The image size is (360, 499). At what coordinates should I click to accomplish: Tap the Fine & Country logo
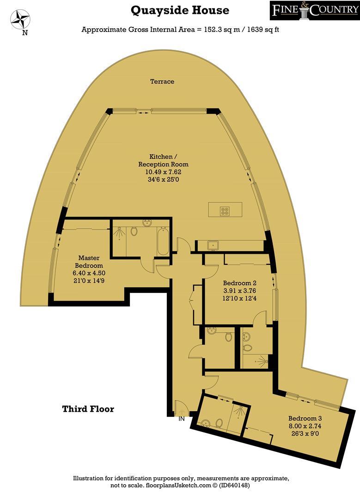coord(314,12)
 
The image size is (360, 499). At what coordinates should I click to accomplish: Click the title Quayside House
coord(180,10)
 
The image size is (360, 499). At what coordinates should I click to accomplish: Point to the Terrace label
coord(162,81)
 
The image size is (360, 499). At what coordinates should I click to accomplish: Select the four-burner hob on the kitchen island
coord(226,210)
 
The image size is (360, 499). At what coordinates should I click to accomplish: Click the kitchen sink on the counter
coord(214,245)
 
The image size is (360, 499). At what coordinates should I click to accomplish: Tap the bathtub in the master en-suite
coord(163,240)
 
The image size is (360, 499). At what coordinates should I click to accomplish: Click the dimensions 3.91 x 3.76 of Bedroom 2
coord(239,291)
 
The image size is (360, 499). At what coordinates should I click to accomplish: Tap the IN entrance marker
coord(182,420)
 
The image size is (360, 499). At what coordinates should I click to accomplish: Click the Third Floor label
coord(88,409)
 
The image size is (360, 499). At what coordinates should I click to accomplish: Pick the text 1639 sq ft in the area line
coord(260,30)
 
